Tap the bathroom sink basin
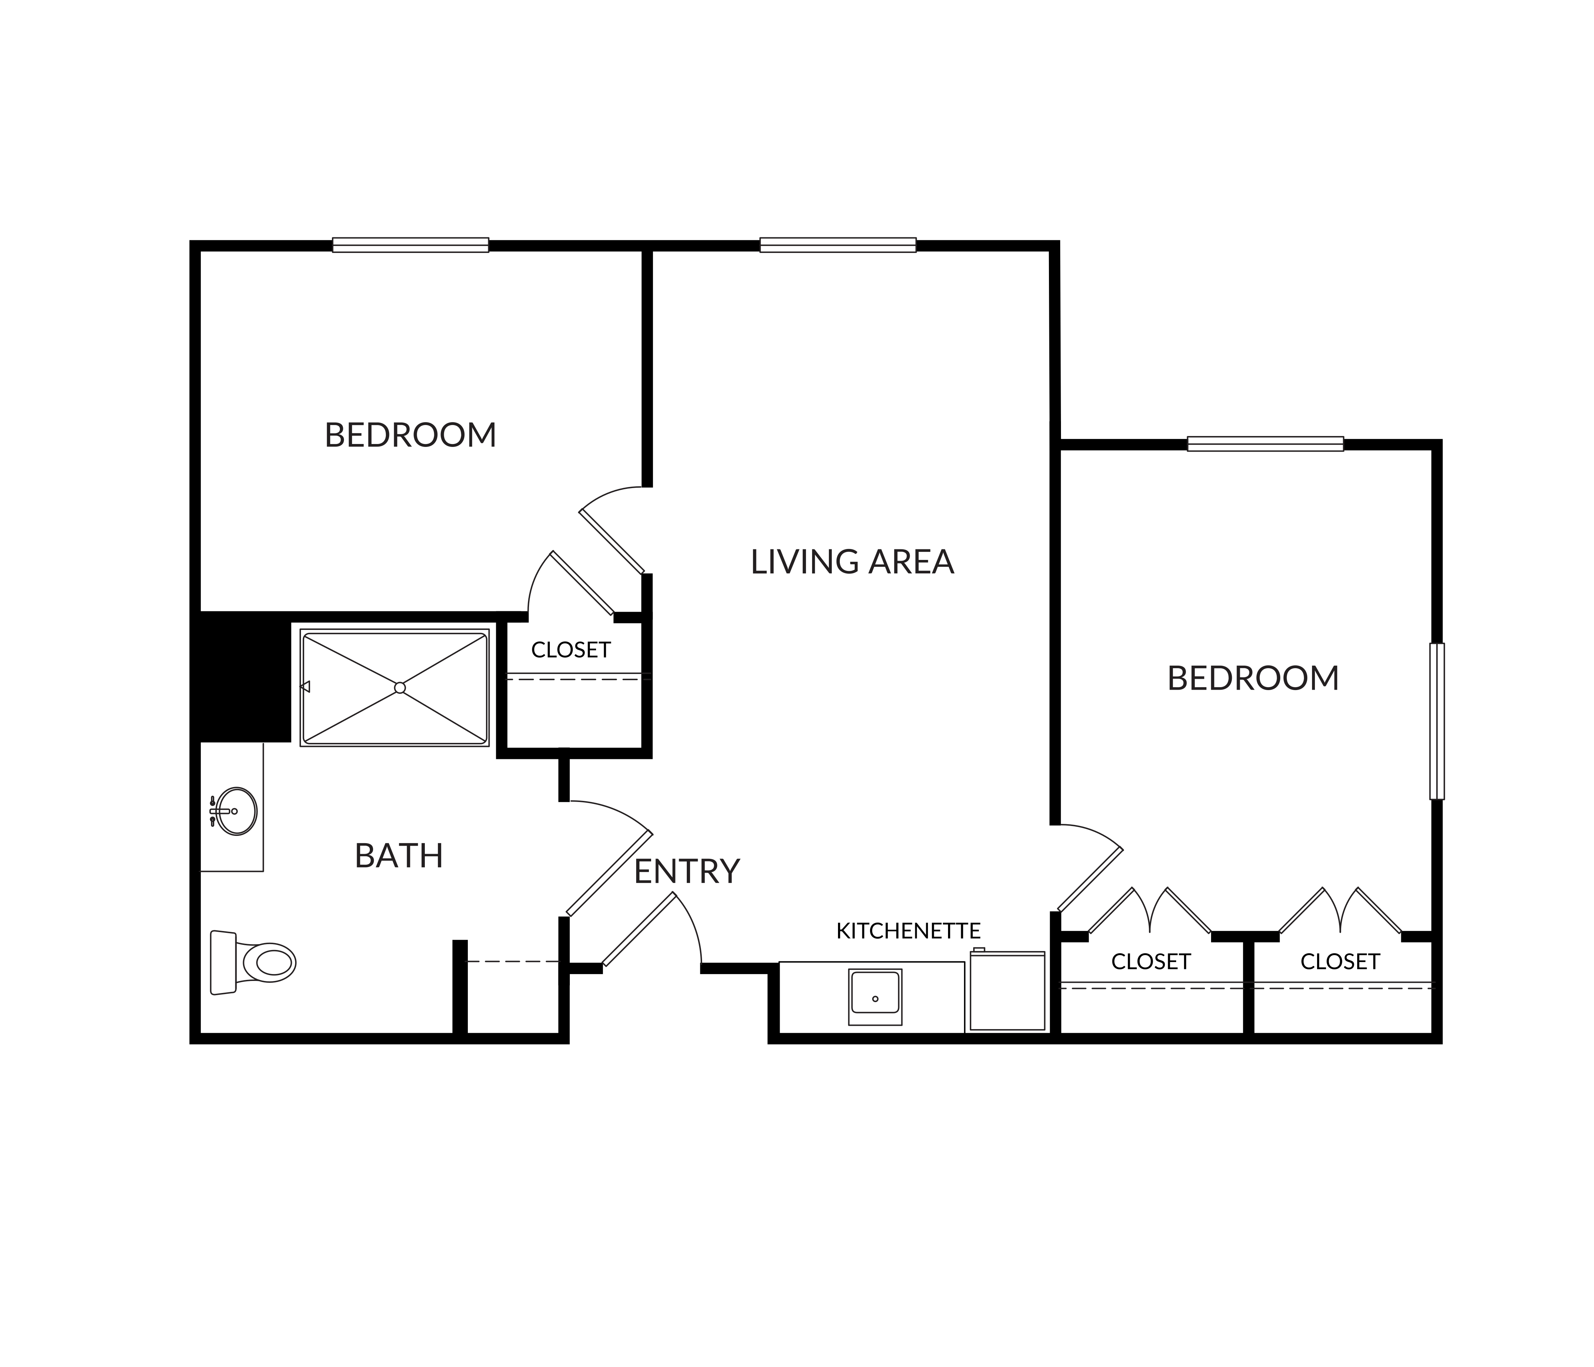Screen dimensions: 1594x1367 (236, 811)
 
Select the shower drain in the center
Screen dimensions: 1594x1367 (399, 688)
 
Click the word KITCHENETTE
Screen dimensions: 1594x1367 (909, 931)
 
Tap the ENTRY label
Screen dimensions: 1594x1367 (687, 871)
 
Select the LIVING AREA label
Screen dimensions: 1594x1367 (853, 562)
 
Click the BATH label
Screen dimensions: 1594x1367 (399, 856)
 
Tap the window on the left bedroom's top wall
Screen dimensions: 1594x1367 (411, 245)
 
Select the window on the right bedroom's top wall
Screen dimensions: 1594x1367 (1265, 444)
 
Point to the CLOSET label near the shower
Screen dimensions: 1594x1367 (571, 650)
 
